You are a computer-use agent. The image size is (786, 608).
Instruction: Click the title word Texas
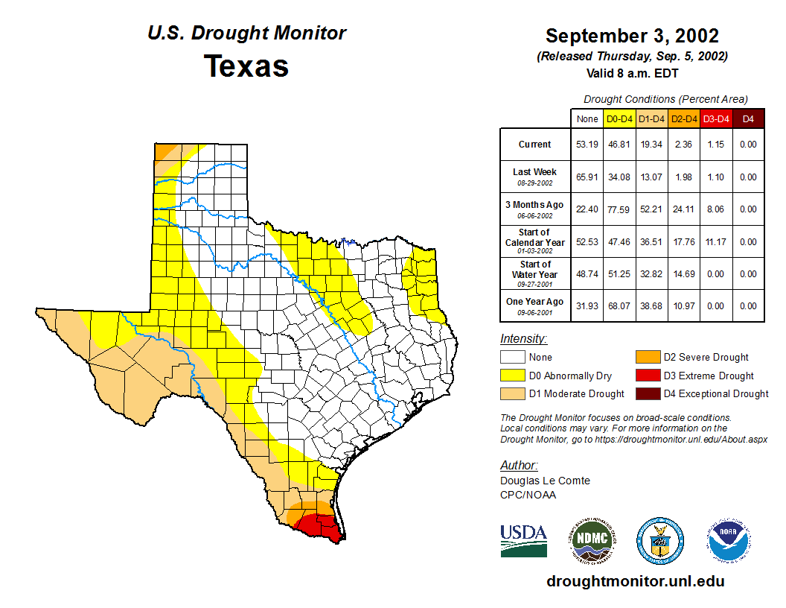coord(246,66)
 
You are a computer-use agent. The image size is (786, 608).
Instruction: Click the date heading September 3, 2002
coord(632,36)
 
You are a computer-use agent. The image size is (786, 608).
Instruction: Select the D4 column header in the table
coord(749,118)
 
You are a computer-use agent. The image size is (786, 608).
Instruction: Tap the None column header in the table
coord(587,118)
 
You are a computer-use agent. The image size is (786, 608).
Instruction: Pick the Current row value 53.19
coord(587,145)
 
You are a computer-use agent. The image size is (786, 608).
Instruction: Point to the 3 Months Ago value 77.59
coord(619,209)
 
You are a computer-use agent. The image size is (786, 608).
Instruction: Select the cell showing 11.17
coord(716,241)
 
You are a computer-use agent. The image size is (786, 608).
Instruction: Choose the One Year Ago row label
coord(534,302)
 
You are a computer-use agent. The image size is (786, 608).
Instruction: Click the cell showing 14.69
coord(684,273)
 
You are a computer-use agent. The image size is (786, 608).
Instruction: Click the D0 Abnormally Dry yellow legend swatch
coord(513,376)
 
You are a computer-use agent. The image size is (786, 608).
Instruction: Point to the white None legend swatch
coord(513,358)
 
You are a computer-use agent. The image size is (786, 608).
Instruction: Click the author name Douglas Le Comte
coord(545,481)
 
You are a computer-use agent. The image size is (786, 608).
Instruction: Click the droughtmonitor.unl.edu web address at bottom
coord(635,581)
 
